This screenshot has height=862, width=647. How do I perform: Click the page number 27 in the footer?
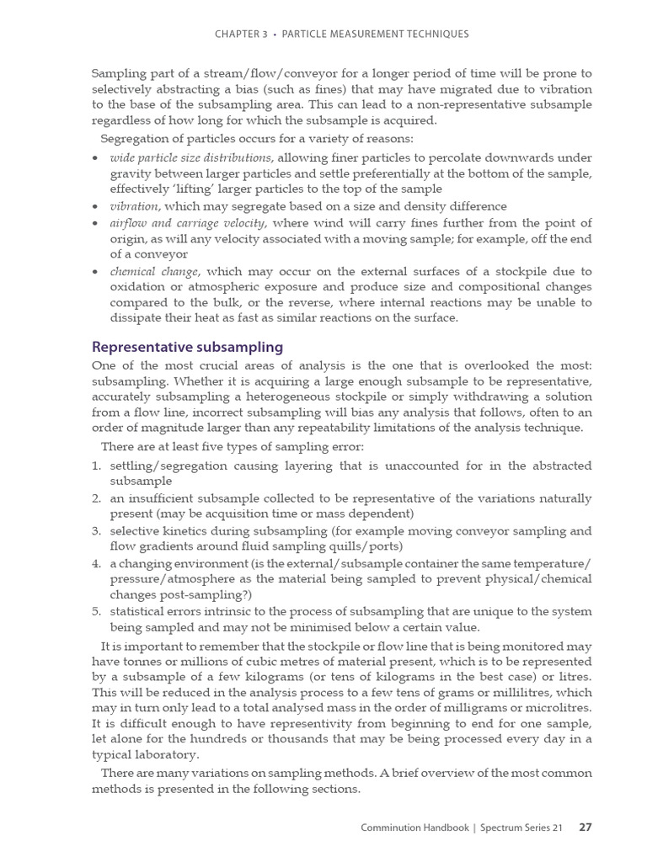[x=586, y=827]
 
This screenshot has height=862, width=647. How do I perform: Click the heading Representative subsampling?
[x=187, y=347]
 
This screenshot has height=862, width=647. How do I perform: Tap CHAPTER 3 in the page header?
[x=241, y=34]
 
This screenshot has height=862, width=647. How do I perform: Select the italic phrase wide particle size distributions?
[x=190, y=157]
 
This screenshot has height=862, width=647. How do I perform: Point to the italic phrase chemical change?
[x=154, y=271]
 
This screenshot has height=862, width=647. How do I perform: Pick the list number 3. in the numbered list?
[x=97, y=531]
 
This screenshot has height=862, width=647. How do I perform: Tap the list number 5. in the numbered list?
[x=97, y=611]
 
